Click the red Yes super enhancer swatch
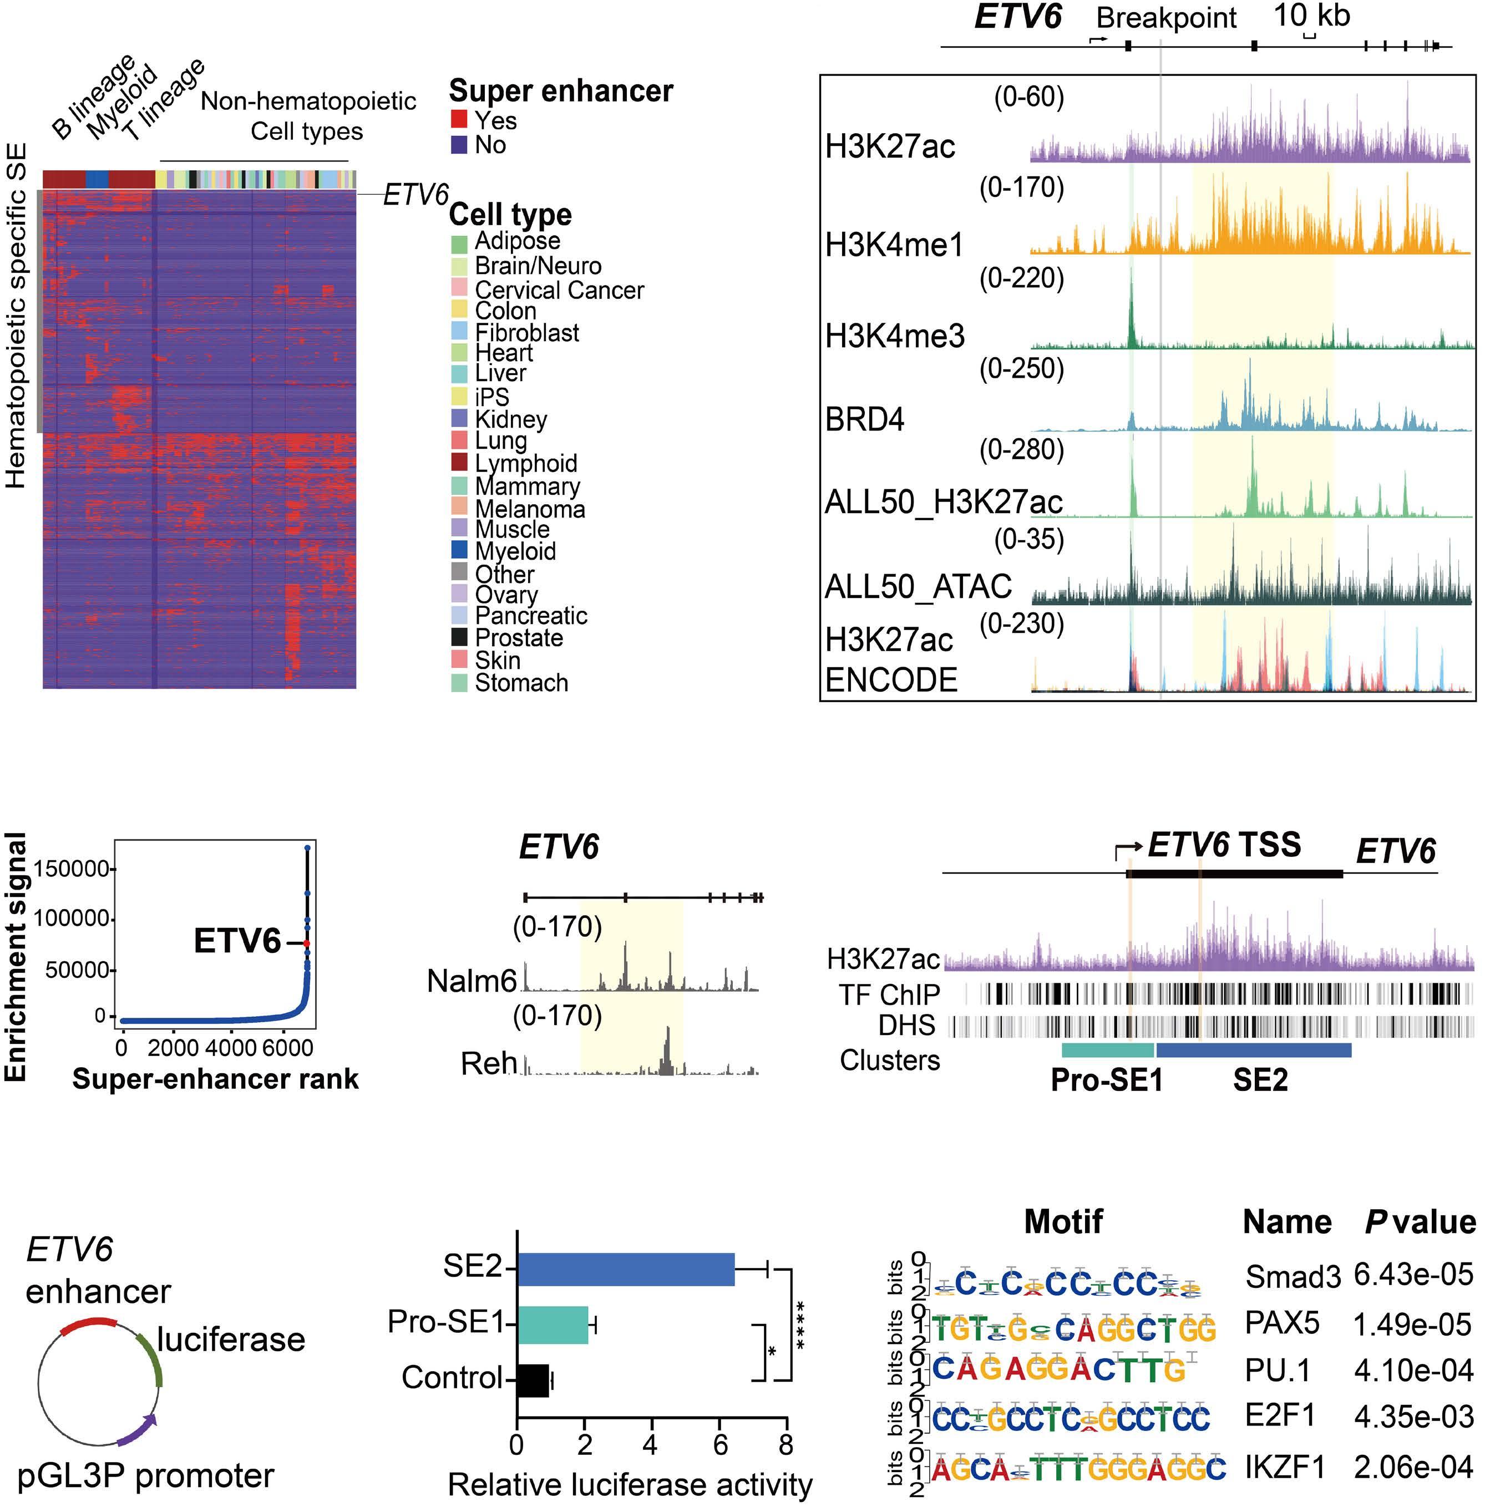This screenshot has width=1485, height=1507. [459, 119]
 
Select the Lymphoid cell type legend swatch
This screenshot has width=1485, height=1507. [459, 463]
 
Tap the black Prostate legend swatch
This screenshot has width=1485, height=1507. [459, 637]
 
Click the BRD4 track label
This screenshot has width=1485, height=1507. [864, 420]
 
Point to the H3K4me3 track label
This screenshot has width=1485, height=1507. [895, 336]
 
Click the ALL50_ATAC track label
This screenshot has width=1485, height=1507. [918, 586]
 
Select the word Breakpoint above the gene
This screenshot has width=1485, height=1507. [1166, 17]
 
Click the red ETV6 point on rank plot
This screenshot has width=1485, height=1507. [307, 943]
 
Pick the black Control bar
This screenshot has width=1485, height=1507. [533, 1379]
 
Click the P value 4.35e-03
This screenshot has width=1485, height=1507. [1413, 1415]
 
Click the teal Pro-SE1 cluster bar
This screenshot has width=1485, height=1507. [1108, 1050]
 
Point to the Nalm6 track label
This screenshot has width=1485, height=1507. [471, 981]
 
